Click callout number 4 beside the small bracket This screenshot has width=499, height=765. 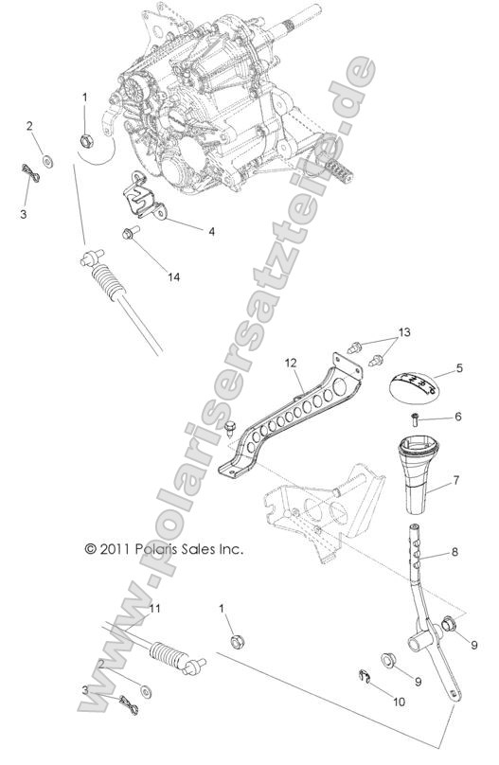(212, 230)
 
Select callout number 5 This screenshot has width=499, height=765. (458, 368)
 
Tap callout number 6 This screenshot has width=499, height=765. (458, 417)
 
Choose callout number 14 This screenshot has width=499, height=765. (172, 277)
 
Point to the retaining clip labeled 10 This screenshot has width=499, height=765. (373, 674)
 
